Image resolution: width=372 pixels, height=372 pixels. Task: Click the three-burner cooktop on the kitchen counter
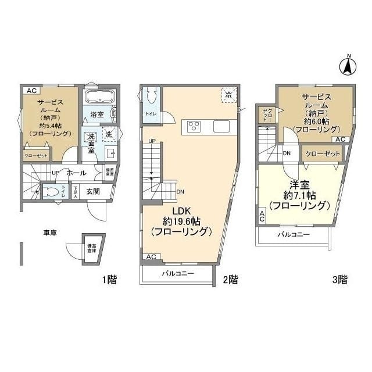tap(194, 126)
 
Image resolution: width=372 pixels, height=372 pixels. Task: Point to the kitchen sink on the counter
tap(221, 126)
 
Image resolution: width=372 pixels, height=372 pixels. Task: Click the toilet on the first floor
tap(52, 191)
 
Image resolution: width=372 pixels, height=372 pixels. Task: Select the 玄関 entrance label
tap(94, 191)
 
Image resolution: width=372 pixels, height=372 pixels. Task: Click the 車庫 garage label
tap(51, 233)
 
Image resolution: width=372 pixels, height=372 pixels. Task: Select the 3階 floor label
tap(339, 280)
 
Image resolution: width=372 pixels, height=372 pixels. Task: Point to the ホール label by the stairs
tap(77, 173)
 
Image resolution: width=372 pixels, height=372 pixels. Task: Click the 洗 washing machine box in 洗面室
tap(108, 134)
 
